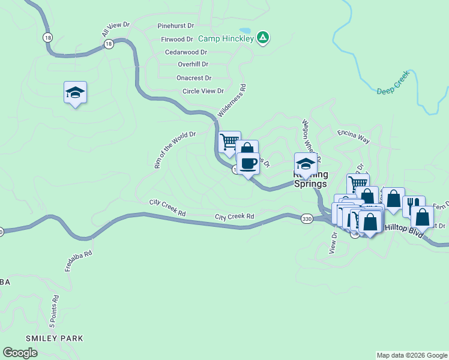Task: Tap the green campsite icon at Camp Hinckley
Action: point(262,38)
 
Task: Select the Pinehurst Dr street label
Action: point(176,26)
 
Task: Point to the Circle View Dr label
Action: point(203,91)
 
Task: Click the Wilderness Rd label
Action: point(232,100)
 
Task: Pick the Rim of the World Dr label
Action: point(175,150)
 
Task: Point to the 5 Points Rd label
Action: point(54,310)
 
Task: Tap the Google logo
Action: point(20,353)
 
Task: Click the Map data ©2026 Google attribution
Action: point(411,355)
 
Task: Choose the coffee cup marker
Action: point(248,163)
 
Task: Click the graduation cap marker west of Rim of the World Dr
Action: point(75,92)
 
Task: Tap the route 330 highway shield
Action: point(307,220)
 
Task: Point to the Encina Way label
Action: point(353,136)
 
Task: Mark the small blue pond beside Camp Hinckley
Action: point(245,30)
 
